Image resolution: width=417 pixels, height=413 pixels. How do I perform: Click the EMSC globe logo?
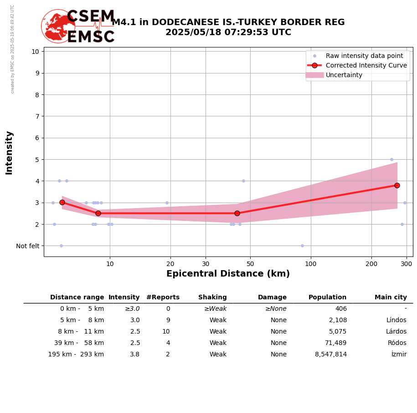(x=58, y=26)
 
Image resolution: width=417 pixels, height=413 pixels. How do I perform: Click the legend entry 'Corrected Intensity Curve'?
(x=366, y=65)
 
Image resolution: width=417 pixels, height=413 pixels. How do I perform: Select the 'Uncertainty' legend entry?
(x=344, y=75)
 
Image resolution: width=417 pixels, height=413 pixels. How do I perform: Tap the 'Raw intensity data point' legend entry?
(x=364, y=56)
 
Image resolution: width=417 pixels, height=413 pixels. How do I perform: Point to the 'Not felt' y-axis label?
(x=28, y=246)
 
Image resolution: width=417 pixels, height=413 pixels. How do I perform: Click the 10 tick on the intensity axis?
(x=35, y=51)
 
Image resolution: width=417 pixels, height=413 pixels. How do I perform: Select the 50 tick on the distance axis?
(x=250, y=263)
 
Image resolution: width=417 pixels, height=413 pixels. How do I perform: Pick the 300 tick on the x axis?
(x=407, y=263)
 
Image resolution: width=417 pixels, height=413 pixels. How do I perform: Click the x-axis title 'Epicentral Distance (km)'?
(x=228, y=274)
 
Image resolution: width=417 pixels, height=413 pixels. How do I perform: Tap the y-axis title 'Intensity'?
(x=10, y=152)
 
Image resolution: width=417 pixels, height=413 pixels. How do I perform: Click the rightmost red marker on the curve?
(x=397, y=185)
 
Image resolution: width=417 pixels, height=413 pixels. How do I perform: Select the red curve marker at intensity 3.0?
(x=62, y=202)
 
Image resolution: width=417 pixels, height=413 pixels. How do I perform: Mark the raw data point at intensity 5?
(x=391, y=159)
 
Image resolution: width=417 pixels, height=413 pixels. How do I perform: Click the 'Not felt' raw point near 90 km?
(x=302, y=246)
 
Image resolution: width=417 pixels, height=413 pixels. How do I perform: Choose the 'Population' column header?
(x=327, y=298)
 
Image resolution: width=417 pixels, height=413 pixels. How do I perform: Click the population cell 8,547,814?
(x=330, y=355)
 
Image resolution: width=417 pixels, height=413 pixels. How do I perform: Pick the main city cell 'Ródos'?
(x=397, y=343)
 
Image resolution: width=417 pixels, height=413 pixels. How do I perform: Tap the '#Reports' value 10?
(x=166, y=332)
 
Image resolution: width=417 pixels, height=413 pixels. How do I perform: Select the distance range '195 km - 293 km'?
(x=76, y=355)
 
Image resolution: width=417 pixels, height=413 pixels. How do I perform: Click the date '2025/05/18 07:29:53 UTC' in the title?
(x=228, y=32)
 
